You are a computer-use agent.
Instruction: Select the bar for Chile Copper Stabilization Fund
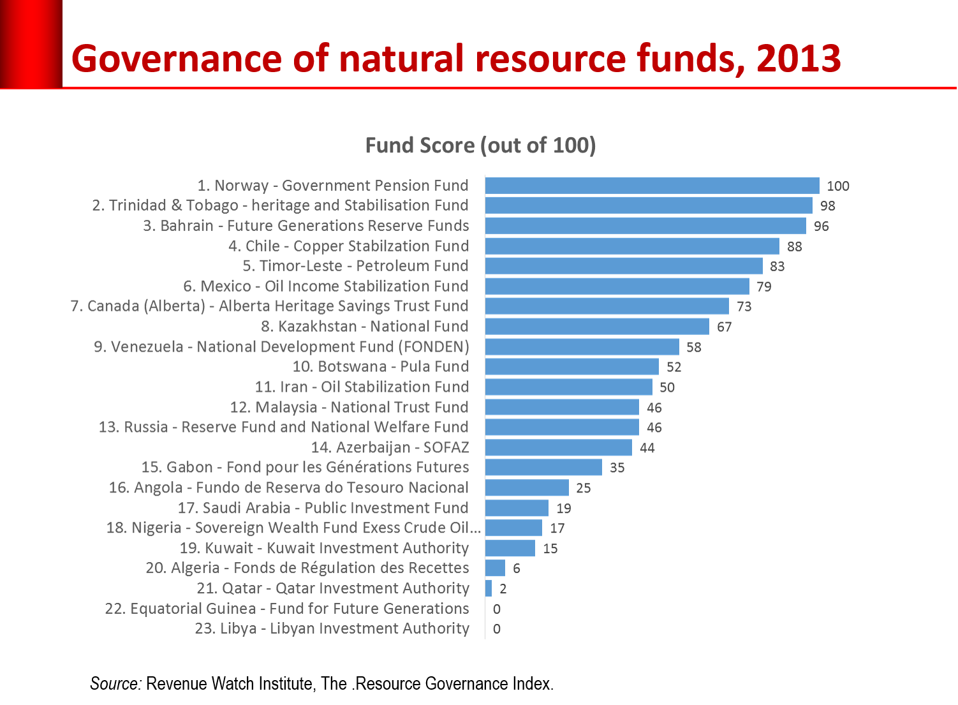coord(632,246)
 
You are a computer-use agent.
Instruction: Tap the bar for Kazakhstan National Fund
coord(597,327)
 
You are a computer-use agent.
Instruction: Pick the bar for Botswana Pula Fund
coord(571,367)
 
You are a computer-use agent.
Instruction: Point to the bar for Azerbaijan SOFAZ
coord(558,448)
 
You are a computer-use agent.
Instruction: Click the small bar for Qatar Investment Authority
coord(489,589)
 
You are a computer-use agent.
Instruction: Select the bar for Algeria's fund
coord(495,568)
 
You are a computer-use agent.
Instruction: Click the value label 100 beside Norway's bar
coord(837,186)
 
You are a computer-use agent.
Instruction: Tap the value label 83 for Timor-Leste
coord(777,266)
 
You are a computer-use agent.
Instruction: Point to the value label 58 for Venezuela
coord(693,347)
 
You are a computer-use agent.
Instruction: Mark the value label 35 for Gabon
coord(616,468)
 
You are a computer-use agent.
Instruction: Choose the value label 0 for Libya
coord(497,629)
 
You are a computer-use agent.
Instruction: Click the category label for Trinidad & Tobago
coord(280,205)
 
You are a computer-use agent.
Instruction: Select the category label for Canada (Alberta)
coord(270,306)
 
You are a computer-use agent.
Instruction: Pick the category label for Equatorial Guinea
coord(287,609)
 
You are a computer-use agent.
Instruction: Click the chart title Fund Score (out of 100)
coord(480,145)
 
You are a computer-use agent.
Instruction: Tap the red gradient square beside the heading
coord(31,43)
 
